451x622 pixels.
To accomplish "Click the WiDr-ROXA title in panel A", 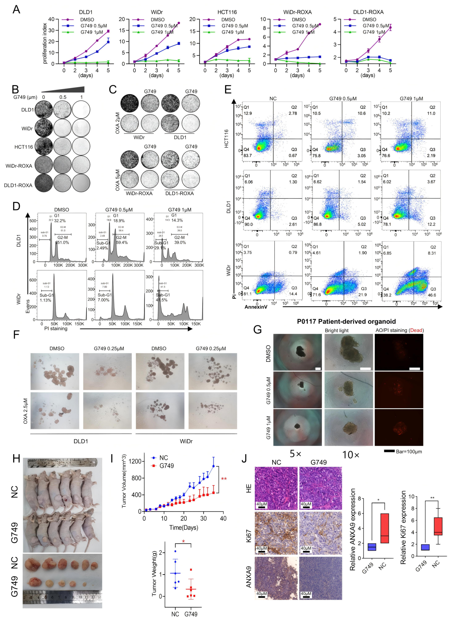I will click(297, 12).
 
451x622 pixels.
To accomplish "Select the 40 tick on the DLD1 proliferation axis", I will click(51, 19).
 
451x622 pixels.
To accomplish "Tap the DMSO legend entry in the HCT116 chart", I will click(228, 19).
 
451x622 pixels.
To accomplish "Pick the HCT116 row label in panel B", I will click(24, 147).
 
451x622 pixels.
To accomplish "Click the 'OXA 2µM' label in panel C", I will click(117, 123).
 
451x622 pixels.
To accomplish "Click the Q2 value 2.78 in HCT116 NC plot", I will click(293, 113).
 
